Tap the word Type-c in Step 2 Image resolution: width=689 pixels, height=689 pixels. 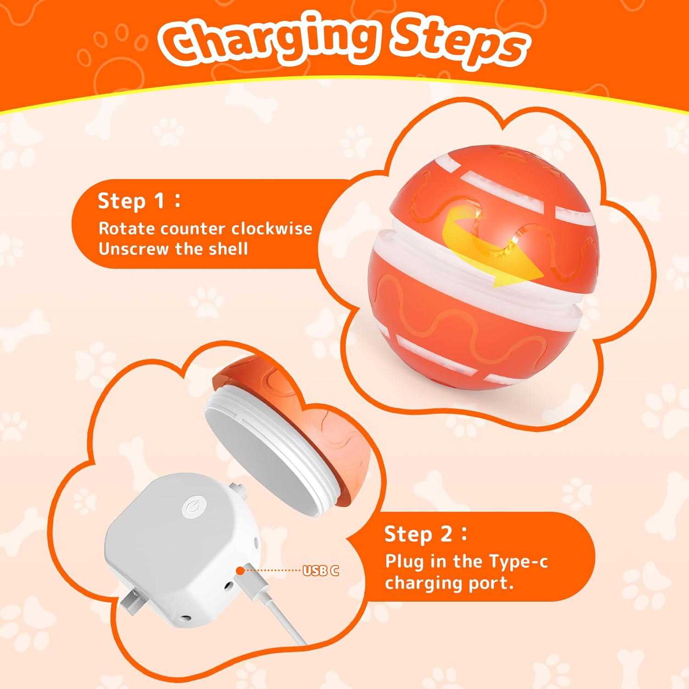click(518, 561)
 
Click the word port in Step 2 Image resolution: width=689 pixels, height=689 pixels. click(493, 583)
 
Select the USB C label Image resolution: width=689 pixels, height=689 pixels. click(321, 570)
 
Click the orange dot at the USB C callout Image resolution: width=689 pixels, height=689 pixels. click(240, 570)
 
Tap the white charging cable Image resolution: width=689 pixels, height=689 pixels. click(280, 616)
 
